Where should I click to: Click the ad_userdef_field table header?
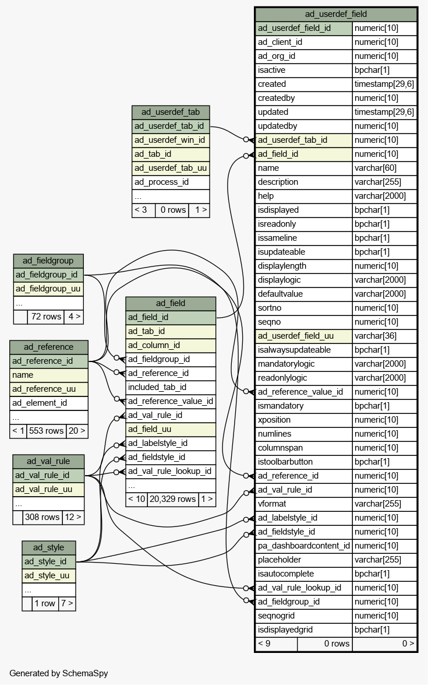(336, 15)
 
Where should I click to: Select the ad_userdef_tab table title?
(171, 113)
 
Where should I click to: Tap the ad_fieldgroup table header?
(48, 261)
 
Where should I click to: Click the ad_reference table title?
(48, 347)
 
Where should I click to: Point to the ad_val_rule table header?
(48, 461)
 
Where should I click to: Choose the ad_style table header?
(48, 547)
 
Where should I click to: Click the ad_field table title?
(171, 303)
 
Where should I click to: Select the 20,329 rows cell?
(172, 499)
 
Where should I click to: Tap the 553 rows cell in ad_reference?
(46, 431)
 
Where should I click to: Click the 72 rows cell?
(45, 317)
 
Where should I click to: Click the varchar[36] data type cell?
(384, 336)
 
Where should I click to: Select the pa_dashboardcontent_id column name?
(303, 546)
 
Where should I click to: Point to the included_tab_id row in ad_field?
(171, 387)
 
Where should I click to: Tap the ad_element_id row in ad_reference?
(48, 403)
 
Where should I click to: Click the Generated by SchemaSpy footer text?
(58, 673)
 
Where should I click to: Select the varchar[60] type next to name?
(384, 168)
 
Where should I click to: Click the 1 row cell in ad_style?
(45, 603)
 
